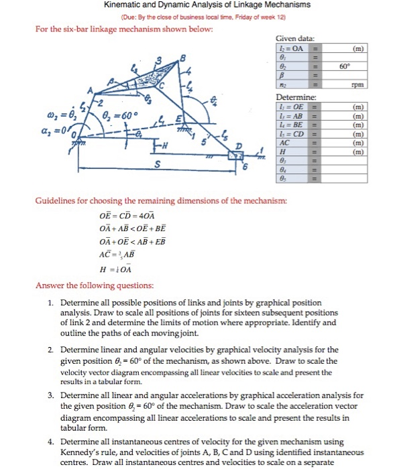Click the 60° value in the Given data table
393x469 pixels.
tap(345, 67)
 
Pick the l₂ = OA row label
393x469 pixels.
tap(290, 48)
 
